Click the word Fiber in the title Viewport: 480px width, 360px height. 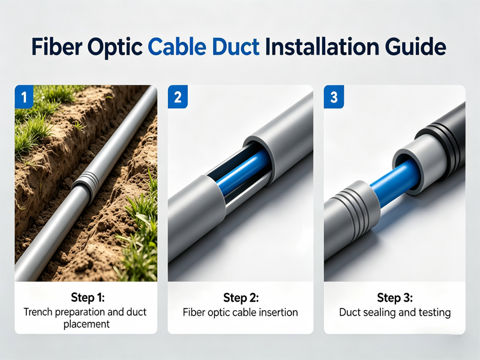(56, 47)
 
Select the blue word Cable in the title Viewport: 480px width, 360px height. (176, 47)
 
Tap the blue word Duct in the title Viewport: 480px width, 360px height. (236, 47)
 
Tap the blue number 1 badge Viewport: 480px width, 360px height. (25, 97)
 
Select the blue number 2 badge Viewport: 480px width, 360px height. (178, 97)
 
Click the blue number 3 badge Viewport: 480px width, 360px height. (334, 97)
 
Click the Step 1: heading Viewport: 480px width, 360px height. (88, 297)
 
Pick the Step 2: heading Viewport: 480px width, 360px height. (241, 298)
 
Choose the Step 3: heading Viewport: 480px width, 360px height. (395, 298)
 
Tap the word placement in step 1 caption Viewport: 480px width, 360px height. (86, 324)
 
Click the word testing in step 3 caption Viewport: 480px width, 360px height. (434, 313)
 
